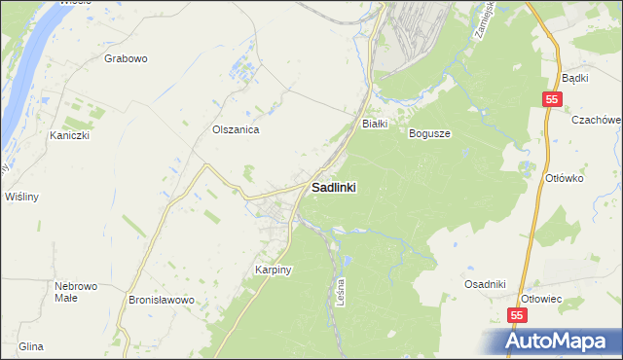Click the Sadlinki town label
[333, 188]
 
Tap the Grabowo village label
[126, 58]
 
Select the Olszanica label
[235, 128]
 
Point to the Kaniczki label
[70, 136]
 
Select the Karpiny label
[274, 270]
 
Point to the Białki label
[376, 124]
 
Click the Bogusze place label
[429, 133]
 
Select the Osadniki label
[485, 283]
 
